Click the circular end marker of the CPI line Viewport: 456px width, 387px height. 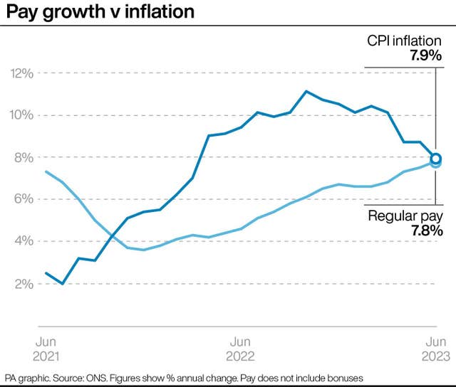pyautogui.click(x=436, y=159)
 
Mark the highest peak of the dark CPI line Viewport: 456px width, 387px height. pyautogui.click(x=306, y=91)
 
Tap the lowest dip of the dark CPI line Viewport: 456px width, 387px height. pyautogui.click(x=62, y=283)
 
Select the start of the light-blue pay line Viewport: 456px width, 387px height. pyautogui.click(x=46, y=171)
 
